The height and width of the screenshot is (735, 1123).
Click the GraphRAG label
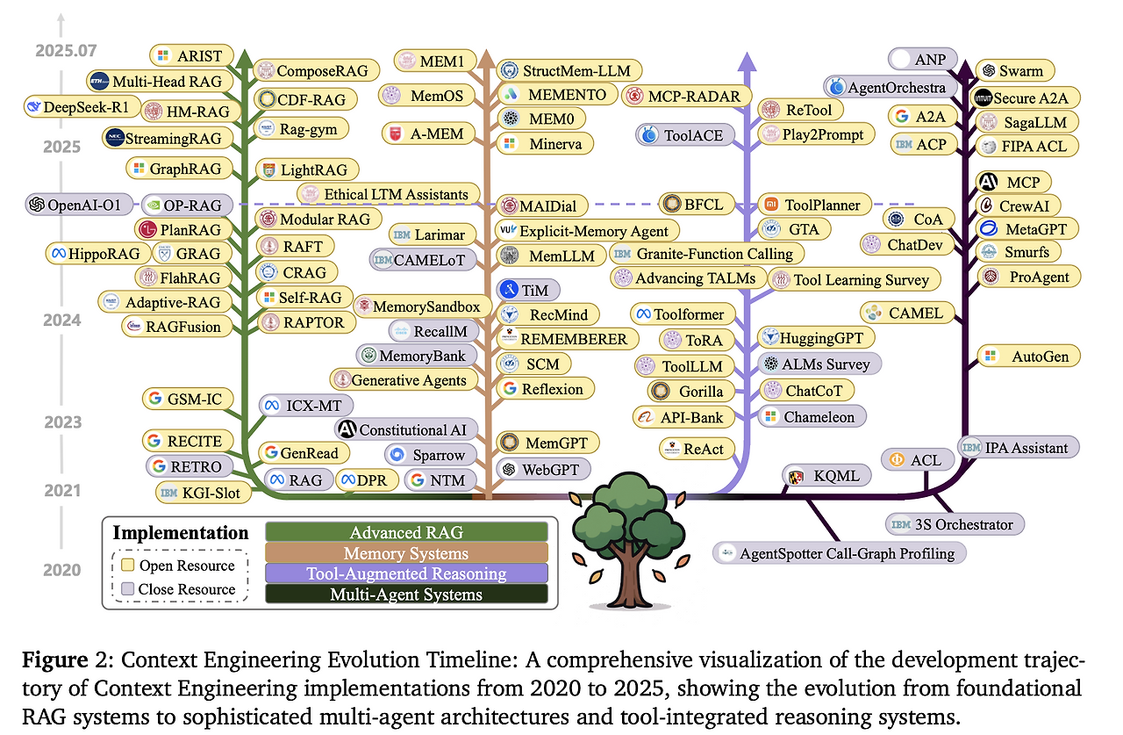pyautogui.click(x=180, y=169)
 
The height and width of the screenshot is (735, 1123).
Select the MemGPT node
pyautogui.click(x=548, y=443)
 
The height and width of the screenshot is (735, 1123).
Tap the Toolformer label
pyautogui.click(x=683, y=314)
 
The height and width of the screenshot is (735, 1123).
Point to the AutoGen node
pyautogui.click(x=1029, y=357)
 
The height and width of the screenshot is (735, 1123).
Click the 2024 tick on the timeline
pyautogui.click(x=61, y=320)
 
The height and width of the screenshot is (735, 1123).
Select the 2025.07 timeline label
pyautogui.click(x=66, y=51)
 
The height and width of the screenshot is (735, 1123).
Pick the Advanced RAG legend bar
pyautogui.click(x=406, y=532)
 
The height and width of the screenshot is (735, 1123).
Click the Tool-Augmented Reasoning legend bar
pyautogui.click(x=406, y=573)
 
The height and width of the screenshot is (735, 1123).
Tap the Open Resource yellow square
pyautogui.click(x=128, y=565)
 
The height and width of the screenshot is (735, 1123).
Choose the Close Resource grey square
pyautogui.click(x=128, y=588)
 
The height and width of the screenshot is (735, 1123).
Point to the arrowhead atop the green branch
pyautogui.click(x=244, y=59)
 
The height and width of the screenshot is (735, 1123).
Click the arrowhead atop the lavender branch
pyautogui.click(x=747, y=61)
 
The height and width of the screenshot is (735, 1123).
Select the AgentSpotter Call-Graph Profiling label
pyautogui.click(x=840, y=553)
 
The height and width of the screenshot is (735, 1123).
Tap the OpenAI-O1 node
pyautogui.click(x=79, y=205)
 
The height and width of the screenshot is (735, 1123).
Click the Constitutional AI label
pyautogui.click(x=406, y=429)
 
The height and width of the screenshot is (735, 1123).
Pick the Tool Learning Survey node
pyautogui.click(x=854, y=279)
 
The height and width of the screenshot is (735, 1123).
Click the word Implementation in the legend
pyautogui.click(x=181, y=532)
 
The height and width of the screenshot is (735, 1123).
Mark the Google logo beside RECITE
pyautogui.click(x=154, y=441)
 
